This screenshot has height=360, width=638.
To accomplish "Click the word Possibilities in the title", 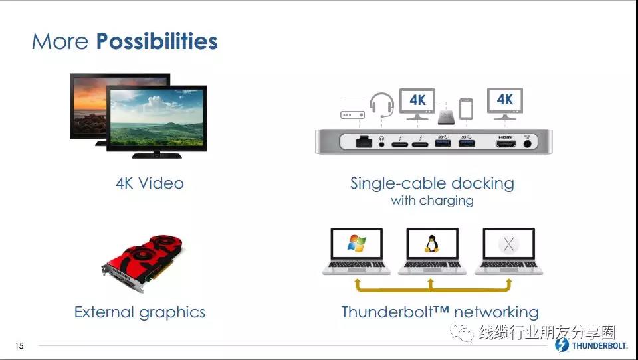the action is coord(157,41).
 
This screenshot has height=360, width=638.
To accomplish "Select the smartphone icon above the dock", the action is coord(467,109).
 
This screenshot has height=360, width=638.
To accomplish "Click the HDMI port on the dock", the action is coord(505,143).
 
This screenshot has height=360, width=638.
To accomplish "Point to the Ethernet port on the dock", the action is coord(364,142).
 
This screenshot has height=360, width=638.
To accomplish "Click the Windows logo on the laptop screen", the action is coord(356,243).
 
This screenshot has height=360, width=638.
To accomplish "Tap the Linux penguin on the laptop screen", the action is coord(432,244).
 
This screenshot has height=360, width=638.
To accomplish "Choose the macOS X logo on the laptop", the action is coord(508,244).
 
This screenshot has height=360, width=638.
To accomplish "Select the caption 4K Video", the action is coord(150,183).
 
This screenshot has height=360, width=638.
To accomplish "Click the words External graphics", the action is coord(140,312).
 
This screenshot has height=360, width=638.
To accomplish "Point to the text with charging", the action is coord(432,201).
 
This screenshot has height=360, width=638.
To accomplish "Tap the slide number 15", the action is coord(19,346).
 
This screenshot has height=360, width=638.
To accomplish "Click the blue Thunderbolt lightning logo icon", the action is coord(562,345).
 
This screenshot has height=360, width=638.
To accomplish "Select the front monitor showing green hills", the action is coord(157,122).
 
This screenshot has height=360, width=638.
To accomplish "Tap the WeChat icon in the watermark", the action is coord(461,333).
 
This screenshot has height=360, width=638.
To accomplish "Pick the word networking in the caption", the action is coord(496,312).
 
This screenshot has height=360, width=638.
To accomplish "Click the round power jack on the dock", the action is coord(528,143).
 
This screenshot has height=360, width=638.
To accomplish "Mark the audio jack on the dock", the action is coord(381,143).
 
